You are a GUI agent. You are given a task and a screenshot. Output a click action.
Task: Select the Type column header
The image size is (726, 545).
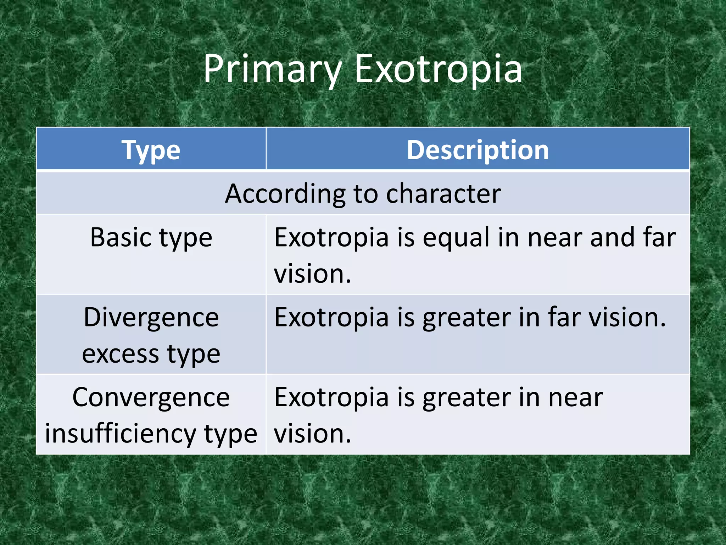(x=151, y=150)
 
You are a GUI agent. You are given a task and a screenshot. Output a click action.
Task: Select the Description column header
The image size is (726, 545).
(x=478, y=150)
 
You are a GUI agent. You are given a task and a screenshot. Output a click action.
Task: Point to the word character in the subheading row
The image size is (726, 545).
(x=443, y=194)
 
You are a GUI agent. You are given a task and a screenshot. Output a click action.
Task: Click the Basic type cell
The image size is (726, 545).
(x=151, y=237)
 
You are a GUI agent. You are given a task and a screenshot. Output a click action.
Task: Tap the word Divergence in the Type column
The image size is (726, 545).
(x=151, y=317)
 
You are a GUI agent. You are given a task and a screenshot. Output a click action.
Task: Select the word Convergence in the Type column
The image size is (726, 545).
(x=151, y=397)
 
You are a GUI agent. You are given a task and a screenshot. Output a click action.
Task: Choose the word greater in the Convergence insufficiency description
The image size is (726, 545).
(x=467, y=397)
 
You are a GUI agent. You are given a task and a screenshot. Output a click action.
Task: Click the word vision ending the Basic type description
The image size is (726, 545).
(x=312, y=274)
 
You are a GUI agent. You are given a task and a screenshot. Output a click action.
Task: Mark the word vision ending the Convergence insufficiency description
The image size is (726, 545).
(x=312, y=434)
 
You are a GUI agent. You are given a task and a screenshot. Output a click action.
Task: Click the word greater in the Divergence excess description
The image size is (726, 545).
(x=467, y=317)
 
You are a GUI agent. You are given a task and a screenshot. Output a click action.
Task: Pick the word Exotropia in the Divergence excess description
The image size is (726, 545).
(x=331, y=317)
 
